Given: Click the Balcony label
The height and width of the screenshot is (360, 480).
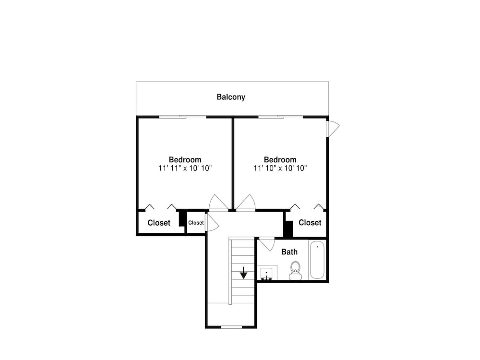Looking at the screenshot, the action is click(x=231, y=97).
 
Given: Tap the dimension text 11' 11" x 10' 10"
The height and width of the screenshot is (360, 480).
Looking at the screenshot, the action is click(x=185, y=168).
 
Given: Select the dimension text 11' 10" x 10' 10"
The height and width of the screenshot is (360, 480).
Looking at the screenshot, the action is click(x=280, y=168).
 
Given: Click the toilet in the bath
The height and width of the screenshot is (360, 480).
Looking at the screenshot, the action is click(x=295, y=271).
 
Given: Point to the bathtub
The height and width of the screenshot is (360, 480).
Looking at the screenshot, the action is click(x=317, y=260).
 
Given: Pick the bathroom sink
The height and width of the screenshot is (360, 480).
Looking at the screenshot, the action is click(x=266, y=273).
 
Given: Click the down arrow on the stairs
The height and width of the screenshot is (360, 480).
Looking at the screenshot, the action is click(x=243, y=273).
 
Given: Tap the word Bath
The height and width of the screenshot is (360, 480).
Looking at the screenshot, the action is click(x=289, y=252).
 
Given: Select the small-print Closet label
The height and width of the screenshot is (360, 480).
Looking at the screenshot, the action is click(x=196, y=223).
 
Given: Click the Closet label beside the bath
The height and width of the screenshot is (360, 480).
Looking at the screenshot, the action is click(x=310, y=223).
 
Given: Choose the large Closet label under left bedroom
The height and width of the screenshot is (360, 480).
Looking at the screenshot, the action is click(x=159, y=223).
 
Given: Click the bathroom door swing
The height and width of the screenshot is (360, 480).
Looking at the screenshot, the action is click(x=267, y=244).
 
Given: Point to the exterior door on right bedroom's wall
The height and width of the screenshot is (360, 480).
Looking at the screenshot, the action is click(x=333, y=129).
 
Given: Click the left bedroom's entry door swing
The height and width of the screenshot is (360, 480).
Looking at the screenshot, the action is click(x=218, y=203).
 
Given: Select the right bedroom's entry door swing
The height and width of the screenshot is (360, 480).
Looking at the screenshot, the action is click(x=245, y=203).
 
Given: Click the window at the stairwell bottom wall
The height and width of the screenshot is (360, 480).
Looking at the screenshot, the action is click(x=232, y=327).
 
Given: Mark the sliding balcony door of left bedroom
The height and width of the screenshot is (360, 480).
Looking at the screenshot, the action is click(x=183, y=117).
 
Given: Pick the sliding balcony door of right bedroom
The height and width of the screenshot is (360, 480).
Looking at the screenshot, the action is click(x=281, y=117).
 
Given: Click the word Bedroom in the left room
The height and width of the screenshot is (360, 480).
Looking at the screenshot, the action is click(x=185, y=160).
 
